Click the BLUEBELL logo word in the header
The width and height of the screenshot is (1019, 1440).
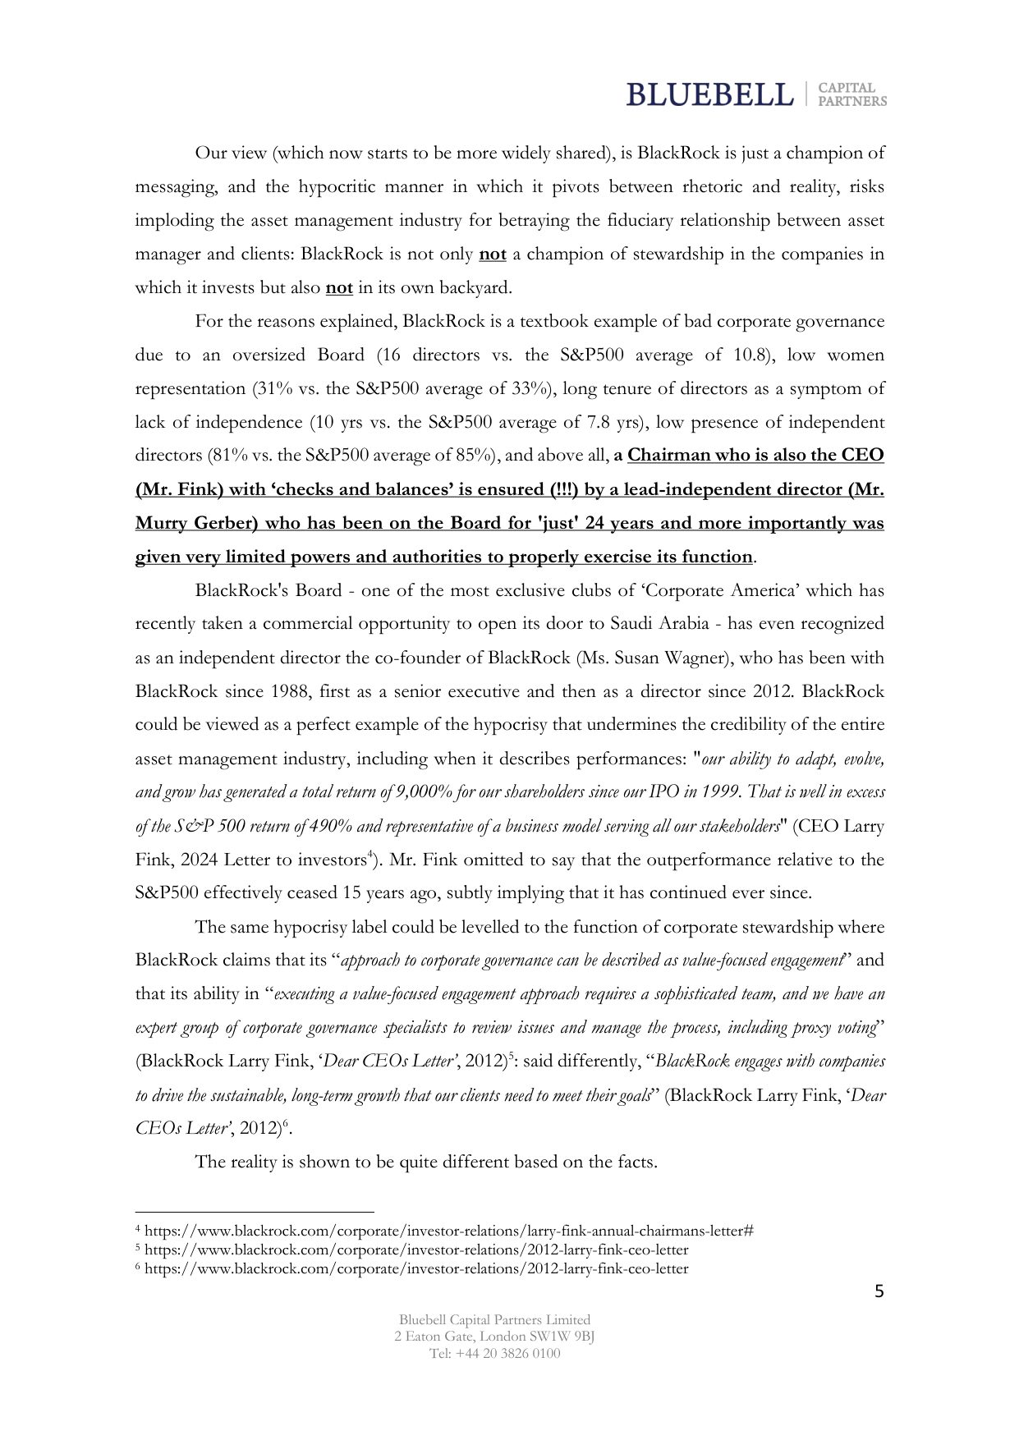point(709,94)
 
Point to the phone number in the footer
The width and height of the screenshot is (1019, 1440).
point(494,1353)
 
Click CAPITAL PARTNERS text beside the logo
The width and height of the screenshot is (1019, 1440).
point(852,94)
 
